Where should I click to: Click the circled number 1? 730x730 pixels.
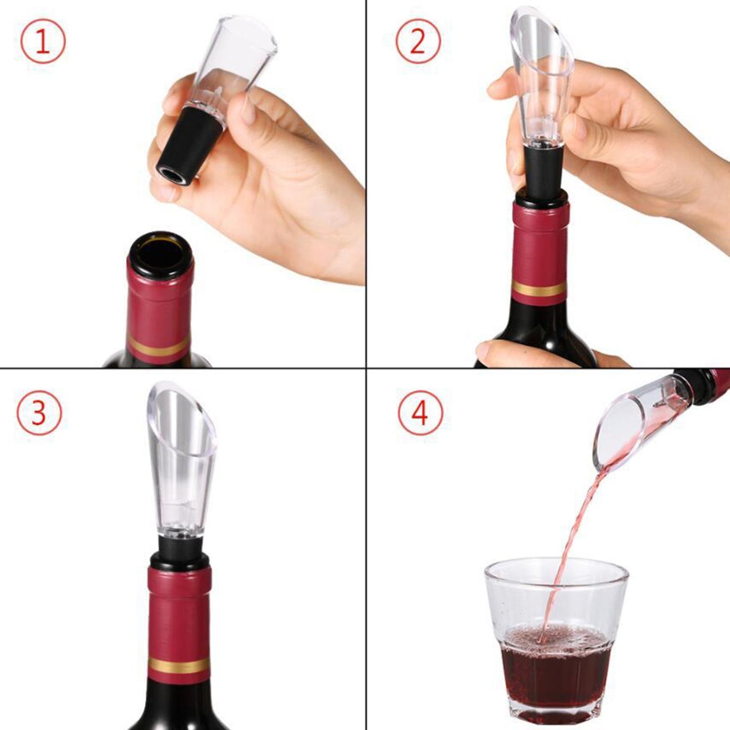43,41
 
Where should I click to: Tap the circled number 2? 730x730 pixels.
417,41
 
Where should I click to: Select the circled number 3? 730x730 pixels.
39,412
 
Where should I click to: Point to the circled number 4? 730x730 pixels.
419,412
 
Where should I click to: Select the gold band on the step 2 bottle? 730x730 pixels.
539,289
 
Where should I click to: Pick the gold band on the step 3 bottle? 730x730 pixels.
179,665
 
